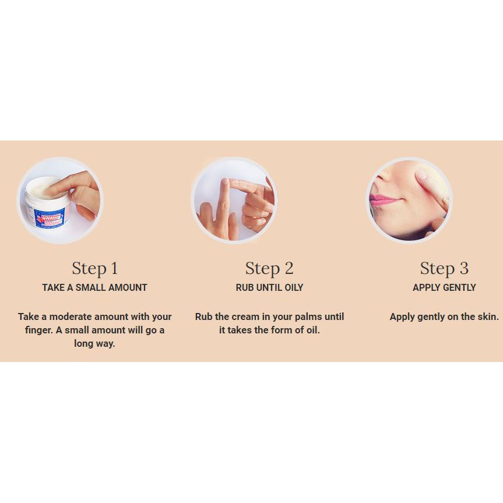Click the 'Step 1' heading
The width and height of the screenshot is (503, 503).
click(94, 269)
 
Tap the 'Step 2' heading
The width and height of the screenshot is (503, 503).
click(269, 269)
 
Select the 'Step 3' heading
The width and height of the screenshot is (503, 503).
click(444, 269)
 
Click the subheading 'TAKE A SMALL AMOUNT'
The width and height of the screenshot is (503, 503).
click(94, 287)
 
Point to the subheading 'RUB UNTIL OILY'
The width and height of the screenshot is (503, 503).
click(269, 287)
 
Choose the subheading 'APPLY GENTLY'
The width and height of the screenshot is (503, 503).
click(444, 287)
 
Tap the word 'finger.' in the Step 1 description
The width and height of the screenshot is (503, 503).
click(39, 330)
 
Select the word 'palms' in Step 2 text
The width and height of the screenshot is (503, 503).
click(308, 317)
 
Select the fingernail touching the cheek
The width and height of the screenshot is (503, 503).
click(421, 175)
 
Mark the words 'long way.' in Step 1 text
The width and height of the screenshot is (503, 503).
click(94, 343)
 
